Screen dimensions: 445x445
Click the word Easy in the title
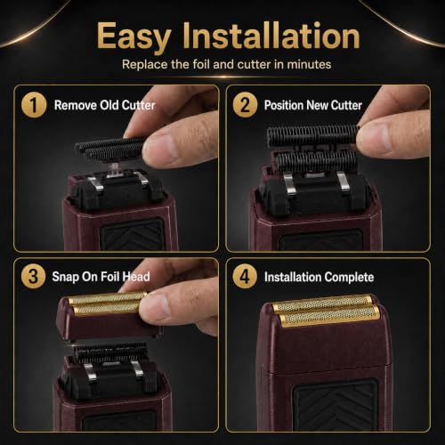point(133,37)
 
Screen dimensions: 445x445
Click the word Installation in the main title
point(271,36)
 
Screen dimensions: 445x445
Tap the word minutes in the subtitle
point(309,64)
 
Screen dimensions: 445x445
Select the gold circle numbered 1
point(34,105)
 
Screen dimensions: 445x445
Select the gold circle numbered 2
point(245,105)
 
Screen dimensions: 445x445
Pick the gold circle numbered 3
point(33,276)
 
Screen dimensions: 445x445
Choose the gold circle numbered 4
point(245,276)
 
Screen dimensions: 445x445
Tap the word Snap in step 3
point(65,277)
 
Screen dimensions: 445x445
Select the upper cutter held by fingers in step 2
point(312,135)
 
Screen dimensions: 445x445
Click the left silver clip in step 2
point(288,183)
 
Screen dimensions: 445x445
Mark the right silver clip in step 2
point(344,182)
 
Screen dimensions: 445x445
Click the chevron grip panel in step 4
point(336,405)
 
